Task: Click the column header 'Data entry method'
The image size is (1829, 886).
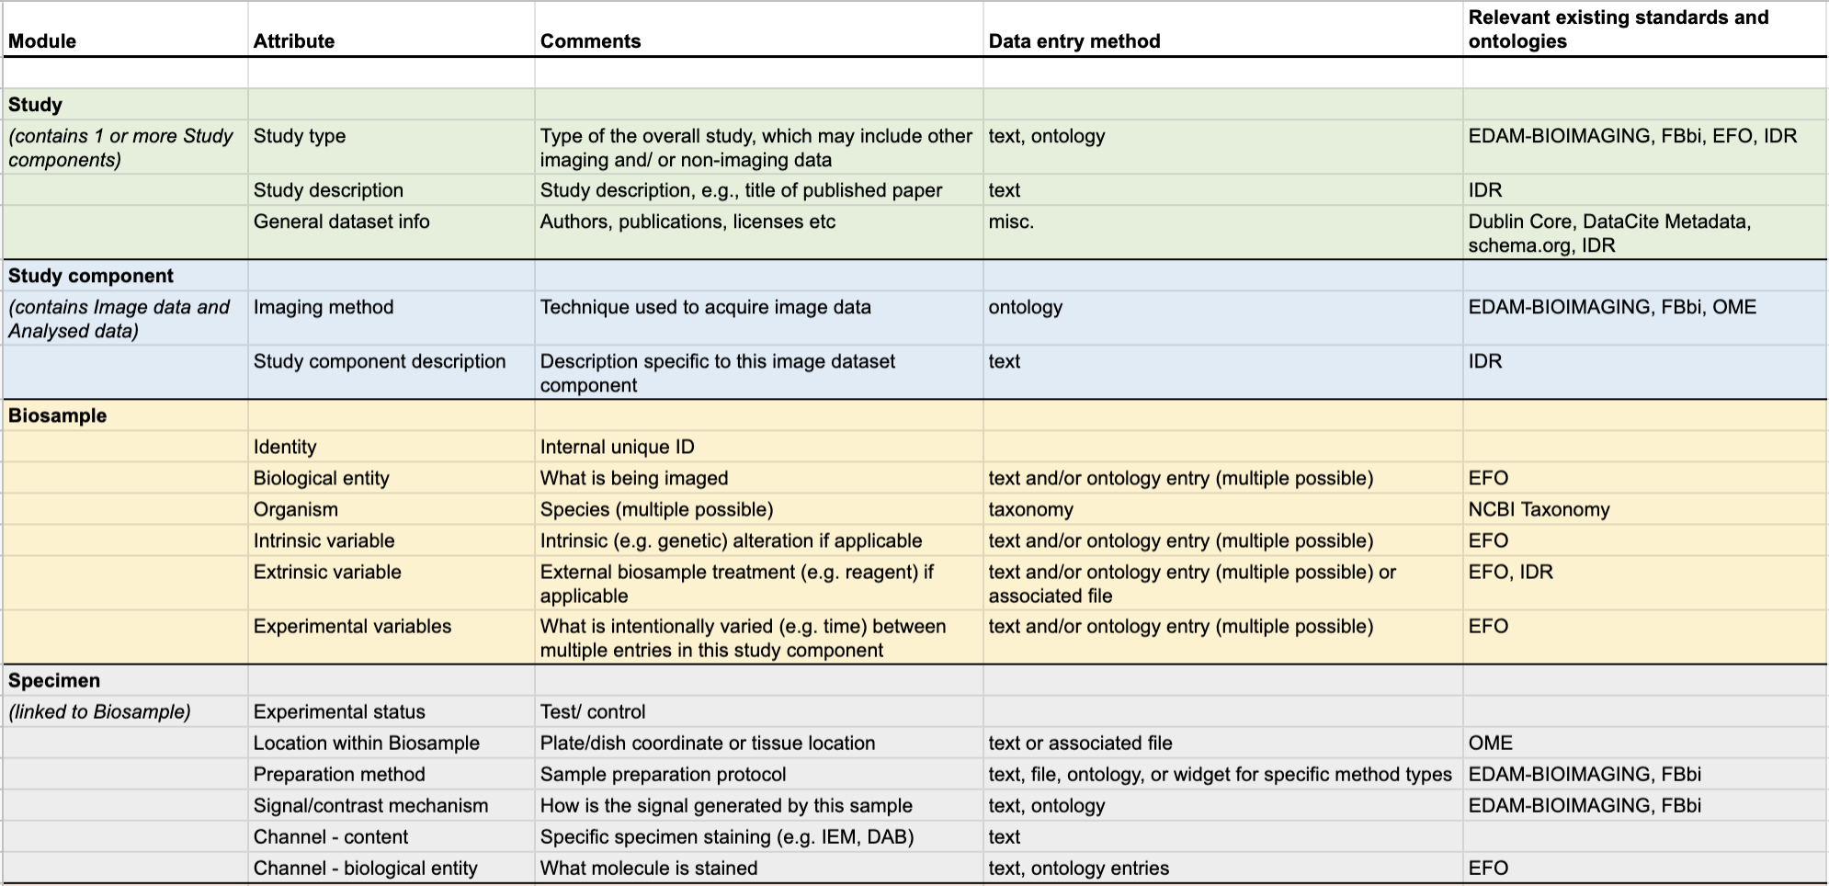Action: [1074, 41]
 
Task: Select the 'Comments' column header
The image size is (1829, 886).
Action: [590, 41]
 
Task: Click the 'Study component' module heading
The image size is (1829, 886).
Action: [91, 276]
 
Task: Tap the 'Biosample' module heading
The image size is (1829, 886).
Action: [57, 415]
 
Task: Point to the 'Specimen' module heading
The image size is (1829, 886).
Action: [54, 680]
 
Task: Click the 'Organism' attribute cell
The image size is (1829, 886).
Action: [296, 509]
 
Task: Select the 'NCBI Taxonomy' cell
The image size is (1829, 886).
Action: [1539, 509]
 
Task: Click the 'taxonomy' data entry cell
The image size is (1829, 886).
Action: [1030, 509]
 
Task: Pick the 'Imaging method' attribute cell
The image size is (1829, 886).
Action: [324, 307]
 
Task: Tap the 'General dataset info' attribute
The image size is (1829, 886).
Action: [341, 221]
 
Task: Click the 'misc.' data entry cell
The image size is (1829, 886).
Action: [1011, 221]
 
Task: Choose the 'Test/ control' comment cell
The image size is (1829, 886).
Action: [593, 711]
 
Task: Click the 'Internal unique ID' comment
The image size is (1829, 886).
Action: [617, 447]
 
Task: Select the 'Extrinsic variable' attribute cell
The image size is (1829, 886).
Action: [327, 572]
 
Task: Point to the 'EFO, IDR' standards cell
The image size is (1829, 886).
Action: [1510, 572]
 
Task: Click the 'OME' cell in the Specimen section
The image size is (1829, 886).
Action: [1490, 743]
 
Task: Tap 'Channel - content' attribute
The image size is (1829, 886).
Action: [331, 836]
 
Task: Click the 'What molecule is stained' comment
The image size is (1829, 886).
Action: [649, 868]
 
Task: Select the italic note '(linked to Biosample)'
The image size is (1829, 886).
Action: [99, 711]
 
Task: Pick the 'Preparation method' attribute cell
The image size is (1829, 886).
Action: [339, 774]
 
